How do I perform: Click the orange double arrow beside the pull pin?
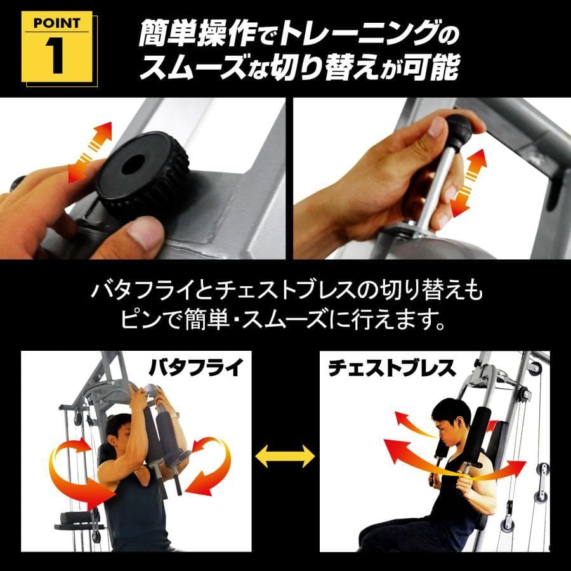coord(470,184)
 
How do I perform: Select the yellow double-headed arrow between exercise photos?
coord(285,456)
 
